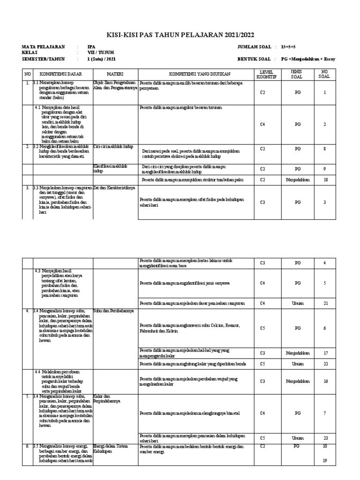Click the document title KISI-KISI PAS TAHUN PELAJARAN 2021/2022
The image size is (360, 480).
pos(180,35)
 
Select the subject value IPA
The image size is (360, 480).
pos(91,47)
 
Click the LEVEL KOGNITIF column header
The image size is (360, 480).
pos(262,74)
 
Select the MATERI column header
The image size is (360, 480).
pos(115,74)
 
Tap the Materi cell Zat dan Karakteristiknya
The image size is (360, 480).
pos(115,187)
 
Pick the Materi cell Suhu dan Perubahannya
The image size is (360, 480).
pos(113,311)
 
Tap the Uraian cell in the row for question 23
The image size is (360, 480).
pos(297,438)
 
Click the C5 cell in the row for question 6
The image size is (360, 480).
pos(262,328)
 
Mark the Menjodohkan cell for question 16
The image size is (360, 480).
pos(297,381)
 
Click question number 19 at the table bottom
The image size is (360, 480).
pos(324,460)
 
